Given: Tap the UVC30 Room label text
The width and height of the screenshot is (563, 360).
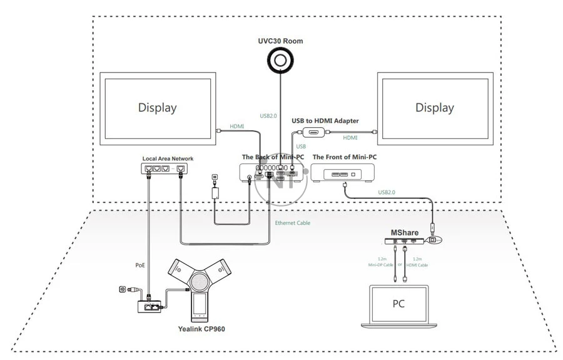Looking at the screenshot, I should (x=281, y=41).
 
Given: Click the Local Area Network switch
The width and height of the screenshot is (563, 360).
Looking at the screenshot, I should (x=163, y=168).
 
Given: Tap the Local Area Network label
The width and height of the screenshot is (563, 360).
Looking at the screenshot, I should (x=163, y=159).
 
